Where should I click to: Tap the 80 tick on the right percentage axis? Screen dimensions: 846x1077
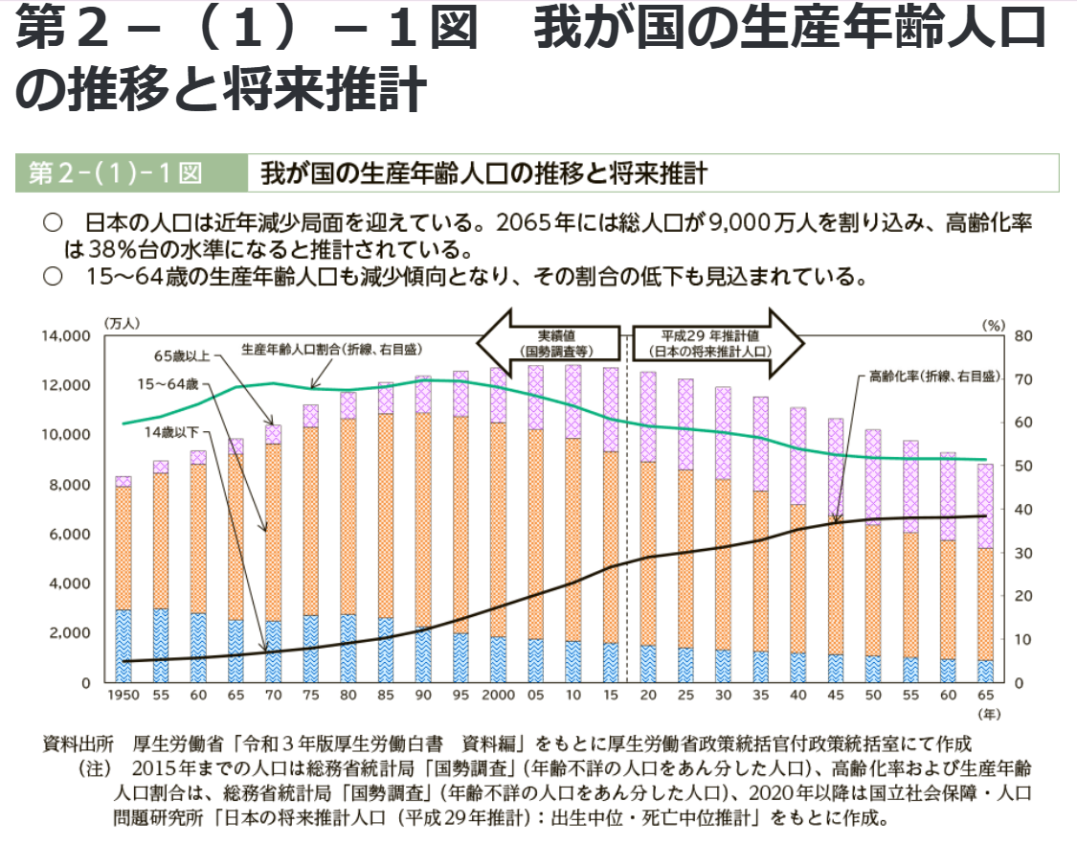[x=1022, y=336]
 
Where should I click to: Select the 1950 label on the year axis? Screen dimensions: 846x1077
[x=123, y=696]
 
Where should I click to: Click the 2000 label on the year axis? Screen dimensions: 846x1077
[x=498, y=696]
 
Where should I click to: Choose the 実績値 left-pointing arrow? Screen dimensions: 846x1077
[x=547, y=343]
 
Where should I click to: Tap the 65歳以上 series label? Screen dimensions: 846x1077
[x=182, y=355]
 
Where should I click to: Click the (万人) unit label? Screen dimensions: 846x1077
[x=123, y=324]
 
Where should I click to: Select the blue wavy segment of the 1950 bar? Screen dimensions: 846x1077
[x=123, y=646]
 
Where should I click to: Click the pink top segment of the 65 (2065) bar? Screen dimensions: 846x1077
[x=984, y=506]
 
